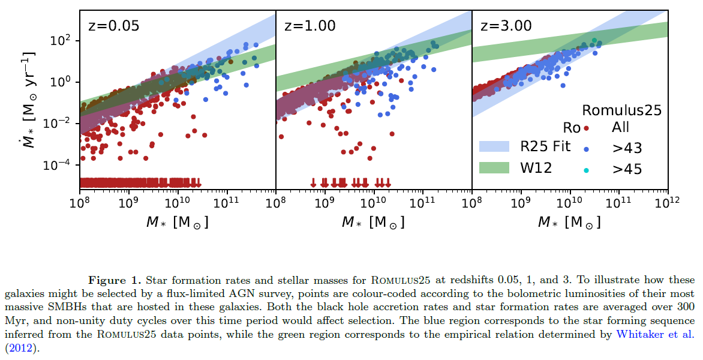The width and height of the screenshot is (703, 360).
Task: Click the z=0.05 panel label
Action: tap(114, 26)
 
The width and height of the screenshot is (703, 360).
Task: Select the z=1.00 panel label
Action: tap(310, 26)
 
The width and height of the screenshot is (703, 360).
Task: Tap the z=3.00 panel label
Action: tap(506, 26)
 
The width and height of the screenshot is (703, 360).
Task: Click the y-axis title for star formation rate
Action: tap(26, 99)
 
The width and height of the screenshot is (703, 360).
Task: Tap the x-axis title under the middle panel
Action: tap(372, 222)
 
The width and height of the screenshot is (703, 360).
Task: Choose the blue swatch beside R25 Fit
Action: tap(494, 147)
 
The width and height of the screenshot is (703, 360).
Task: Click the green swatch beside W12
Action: tap(494, 167)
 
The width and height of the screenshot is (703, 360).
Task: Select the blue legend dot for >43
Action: tap(587, 149)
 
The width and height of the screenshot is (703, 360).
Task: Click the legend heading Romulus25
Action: tap(622, 110)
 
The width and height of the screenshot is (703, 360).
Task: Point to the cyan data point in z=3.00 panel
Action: tap(594, 41)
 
